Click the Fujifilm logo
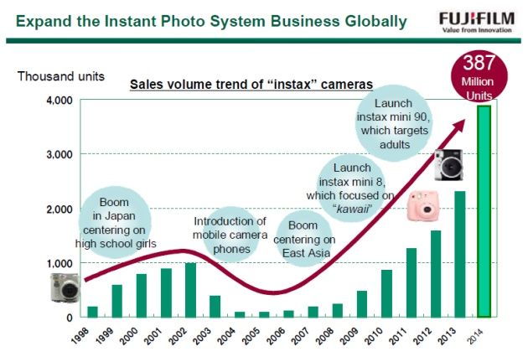(x=477, y=22)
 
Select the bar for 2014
(x=484, y=211)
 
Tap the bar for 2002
(x=190, y=290)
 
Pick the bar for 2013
(x=460, y=254)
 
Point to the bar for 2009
(x=362, y=304)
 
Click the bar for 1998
(x=92, y=312)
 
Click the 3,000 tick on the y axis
(x=60, y=154)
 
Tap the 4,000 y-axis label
(x=60, y=101)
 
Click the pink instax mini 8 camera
(x=423, y=206)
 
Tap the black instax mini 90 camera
(x=448, y=165)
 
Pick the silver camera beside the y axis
(x=65, y=287)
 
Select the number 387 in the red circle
(x=479, y=63)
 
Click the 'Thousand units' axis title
(x=61, y=76)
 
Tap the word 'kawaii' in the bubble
(x=353, y=209)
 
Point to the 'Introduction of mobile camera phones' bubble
(x=230, y=235)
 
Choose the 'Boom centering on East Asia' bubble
(x=304, y=239)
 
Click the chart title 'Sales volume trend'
(x=251, y=84)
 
